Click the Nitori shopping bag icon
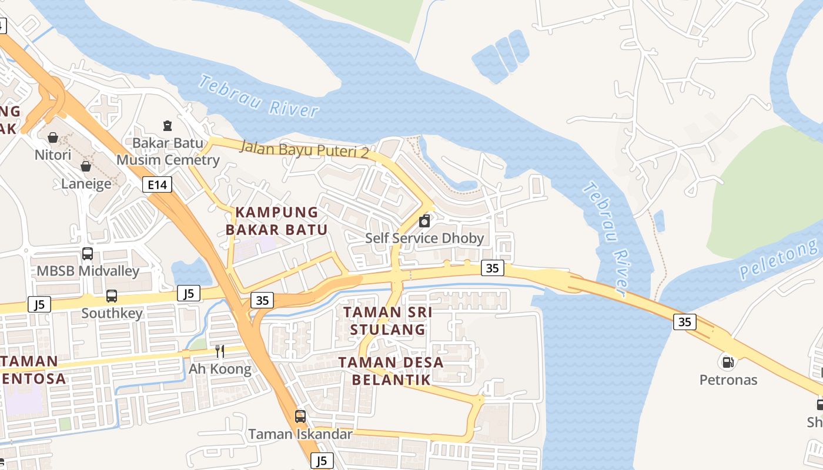53,137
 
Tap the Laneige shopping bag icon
86,166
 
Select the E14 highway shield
158,185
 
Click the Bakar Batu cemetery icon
168,125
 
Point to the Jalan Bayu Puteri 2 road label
304,149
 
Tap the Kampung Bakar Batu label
276,221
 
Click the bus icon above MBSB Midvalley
88,254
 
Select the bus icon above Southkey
112,296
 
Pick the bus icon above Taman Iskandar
300,417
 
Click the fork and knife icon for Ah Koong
220,351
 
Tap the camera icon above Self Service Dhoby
424,221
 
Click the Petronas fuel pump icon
728,361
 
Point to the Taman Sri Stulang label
387,321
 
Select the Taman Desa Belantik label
391,371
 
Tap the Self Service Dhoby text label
424,238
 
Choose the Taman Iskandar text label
300,434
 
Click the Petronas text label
728,380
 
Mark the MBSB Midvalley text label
88,271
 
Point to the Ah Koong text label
220,369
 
